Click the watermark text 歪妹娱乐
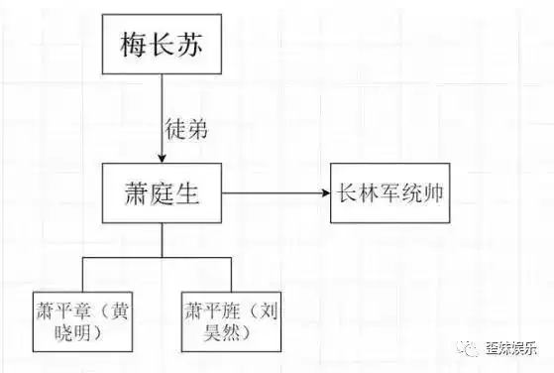coord(509,348)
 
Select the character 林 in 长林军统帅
coord(369,192)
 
